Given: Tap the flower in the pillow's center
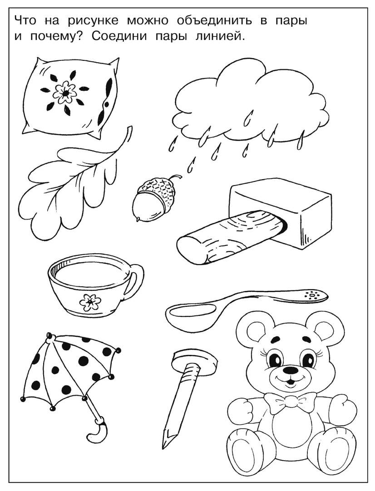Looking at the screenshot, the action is (65, 92).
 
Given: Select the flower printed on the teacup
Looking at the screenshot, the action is (90, 301).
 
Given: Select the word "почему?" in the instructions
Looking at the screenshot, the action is (56, 37).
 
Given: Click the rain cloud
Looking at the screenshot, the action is (251, 103).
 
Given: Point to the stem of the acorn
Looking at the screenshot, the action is (175, 177).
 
